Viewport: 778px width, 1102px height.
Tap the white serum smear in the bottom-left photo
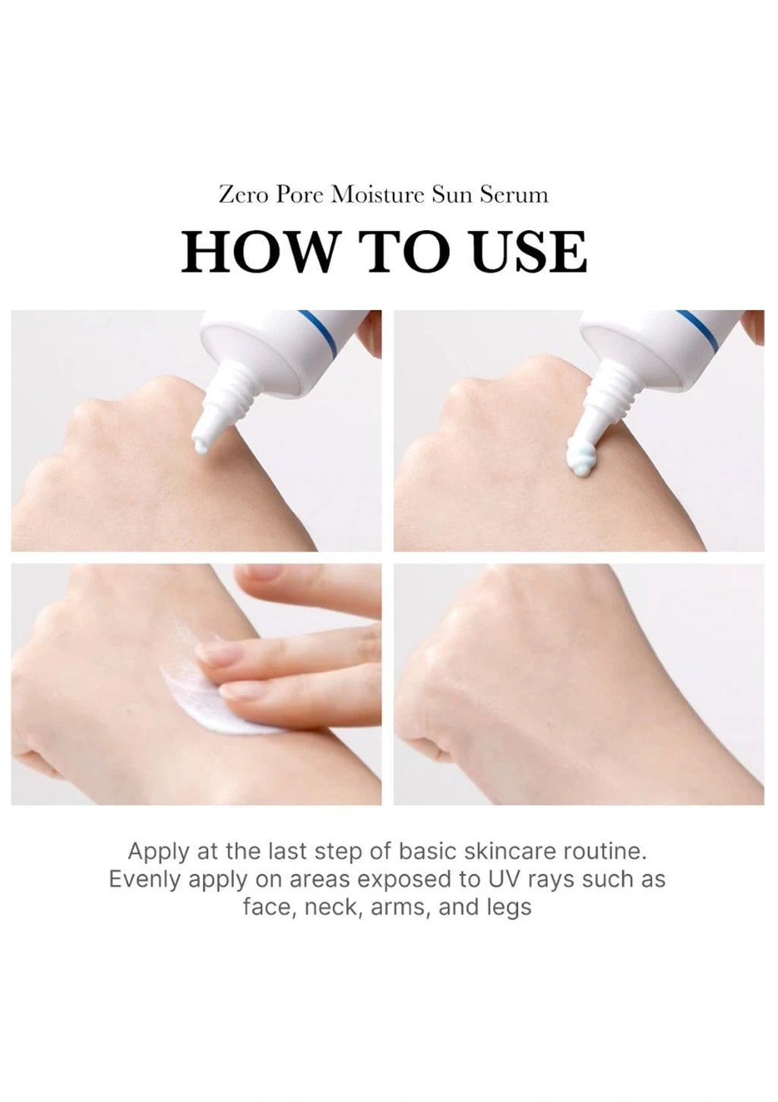pyautogui.click(x=213, y=693)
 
